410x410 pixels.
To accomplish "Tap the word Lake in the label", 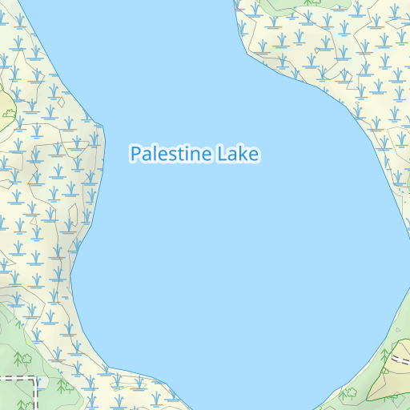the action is pos(238,154).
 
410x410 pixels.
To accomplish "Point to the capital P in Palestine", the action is pos(135,154).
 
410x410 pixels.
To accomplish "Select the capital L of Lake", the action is pos(221,154).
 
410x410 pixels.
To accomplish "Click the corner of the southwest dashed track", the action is pos(35,378).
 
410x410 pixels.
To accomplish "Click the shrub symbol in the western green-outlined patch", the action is pos(9,113).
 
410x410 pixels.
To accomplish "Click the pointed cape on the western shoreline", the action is pos(104,126).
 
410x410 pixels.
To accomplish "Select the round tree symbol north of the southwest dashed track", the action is pos(24,357).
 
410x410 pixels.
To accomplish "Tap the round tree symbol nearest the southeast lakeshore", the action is pos(349,393).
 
